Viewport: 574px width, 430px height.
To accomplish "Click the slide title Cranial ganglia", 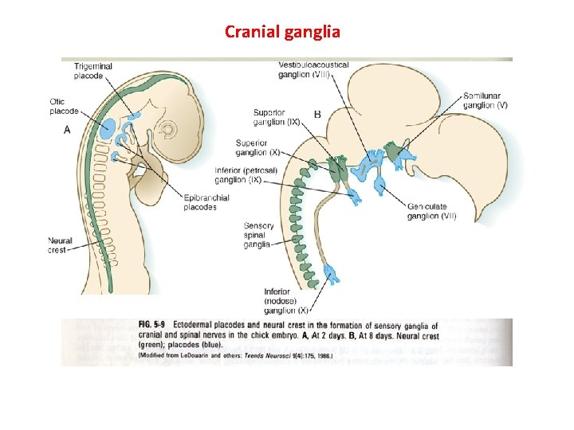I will [x=282, y=32].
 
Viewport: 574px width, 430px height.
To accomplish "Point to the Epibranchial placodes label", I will [x=206, y=202].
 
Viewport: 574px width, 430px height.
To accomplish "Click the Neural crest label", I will [x=60, y=245].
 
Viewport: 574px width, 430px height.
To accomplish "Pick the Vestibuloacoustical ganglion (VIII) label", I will [x=313, y=69].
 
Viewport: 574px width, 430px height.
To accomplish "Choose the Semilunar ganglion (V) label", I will [x=486, y=100].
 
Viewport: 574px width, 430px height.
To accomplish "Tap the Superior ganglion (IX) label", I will [x=276, y=117].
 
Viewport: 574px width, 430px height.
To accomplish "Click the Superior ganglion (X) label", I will [x=258, y=147].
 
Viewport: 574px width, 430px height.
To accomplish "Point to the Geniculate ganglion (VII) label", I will [x=431, y=210].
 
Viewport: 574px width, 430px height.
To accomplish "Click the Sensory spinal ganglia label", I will [x=258, y=235].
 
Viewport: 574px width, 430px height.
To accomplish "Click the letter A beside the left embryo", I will [x=66, y=130].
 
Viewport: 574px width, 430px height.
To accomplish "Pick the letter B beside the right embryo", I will [x=317, y=115].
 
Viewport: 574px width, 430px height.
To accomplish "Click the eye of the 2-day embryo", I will [x=168, y=128].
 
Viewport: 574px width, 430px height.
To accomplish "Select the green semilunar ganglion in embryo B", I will [x=392, y=149].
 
